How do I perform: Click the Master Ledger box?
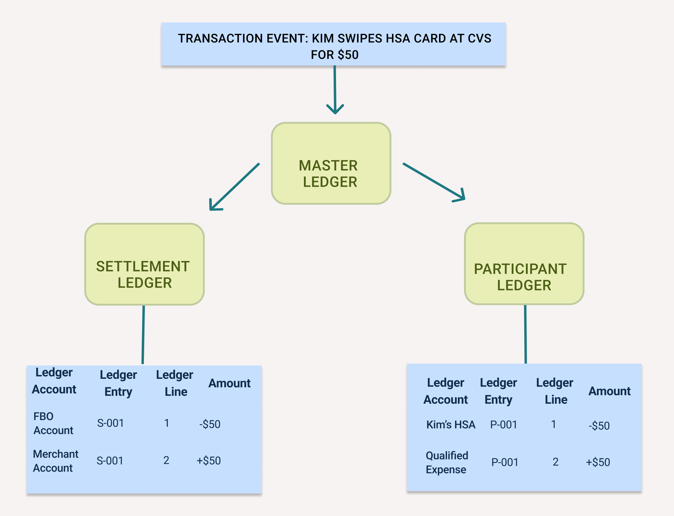(331, 163)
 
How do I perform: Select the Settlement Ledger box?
(145, 264)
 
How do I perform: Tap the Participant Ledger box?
(524, 264)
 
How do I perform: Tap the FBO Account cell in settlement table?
(53, 423)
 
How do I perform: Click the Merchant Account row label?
(55, 461)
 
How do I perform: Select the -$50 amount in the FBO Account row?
(210, 424)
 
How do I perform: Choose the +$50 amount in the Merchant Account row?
(209, 460)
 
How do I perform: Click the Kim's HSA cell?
(450, 424)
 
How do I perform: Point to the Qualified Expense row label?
(447, 462)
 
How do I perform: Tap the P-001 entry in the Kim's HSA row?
(503, 424)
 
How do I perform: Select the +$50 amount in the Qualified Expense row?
(598, 462)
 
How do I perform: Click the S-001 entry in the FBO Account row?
(110, 423)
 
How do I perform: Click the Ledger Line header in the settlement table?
(175, 383)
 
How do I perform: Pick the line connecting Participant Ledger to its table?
(525, 334)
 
